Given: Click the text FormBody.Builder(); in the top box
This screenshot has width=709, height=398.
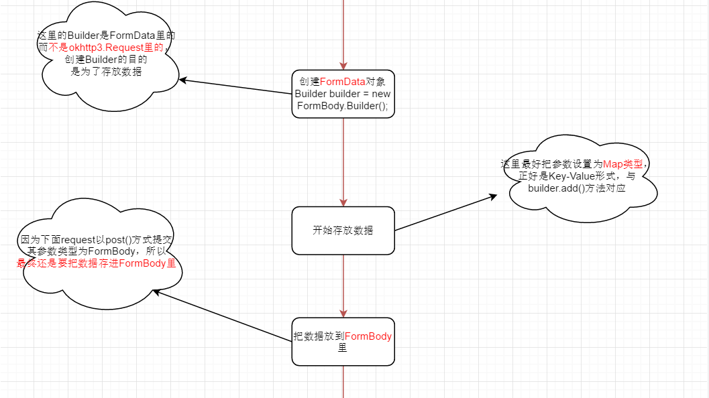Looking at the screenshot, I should pos(343,106).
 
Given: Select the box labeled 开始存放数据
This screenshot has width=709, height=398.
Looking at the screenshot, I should pos(343,230).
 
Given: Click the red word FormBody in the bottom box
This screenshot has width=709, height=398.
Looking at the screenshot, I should pos(368,336).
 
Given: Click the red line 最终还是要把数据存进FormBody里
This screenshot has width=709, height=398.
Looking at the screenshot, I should pos(97,263).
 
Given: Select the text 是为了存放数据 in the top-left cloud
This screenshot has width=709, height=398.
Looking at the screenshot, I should pos(107,71).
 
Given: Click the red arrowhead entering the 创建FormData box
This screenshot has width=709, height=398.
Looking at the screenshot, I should pos(343,65).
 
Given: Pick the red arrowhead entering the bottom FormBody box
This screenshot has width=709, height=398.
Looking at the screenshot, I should pos(343,313).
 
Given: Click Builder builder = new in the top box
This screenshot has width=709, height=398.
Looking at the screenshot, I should pos(343,94).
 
